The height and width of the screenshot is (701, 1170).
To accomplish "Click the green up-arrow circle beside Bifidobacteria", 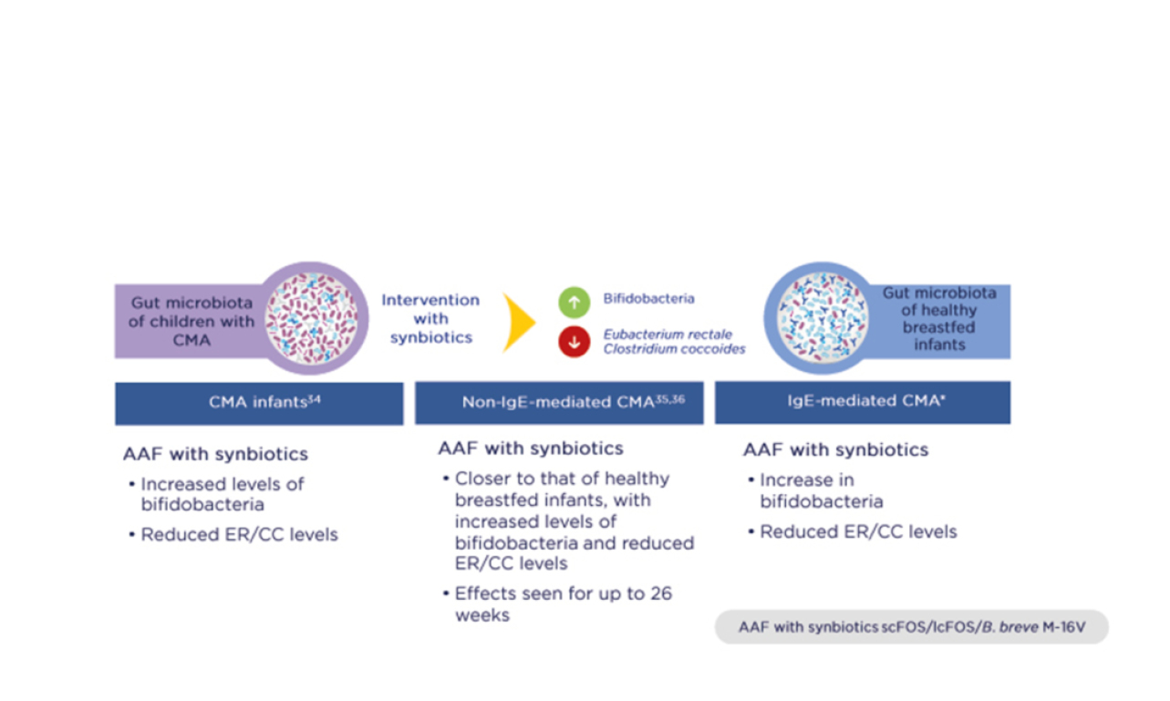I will coord(575,300).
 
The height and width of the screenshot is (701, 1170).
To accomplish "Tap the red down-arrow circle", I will coord(575,342).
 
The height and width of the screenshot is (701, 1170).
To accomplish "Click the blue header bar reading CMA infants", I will coord(259,403).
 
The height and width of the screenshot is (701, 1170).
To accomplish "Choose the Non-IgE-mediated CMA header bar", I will coord(559,402).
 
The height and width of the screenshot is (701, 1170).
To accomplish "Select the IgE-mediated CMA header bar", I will coord(862,402).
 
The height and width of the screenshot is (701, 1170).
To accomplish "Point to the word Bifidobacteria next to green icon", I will coord(648,299).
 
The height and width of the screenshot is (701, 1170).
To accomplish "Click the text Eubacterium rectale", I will coord(668,335).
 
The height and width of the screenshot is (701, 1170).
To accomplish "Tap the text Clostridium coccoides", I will coord(674,349).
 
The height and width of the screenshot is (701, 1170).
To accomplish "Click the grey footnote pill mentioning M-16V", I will coord(911,627).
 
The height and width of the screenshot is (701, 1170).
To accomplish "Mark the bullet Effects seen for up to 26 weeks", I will coord(563,604).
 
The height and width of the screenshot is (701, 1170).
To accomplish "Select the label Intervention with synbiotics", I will coord(430,318).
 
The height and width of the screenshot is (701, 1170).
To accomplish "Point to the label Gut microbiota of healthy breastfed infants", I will coord(939,319).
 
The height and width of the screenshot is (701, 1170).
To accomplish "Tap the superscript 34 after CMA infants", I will coord(314,398).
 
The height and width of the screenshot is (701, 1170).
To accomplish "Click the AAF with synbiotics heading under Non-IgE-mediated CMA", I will coord(531,448).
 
